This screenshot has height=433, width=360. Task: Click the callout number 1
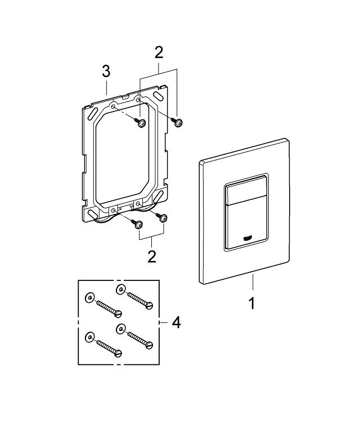point(252,303)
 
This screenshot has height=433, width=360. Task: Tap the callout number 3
point(106,72)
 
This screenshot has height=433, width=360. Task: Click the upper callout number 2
point(159,53)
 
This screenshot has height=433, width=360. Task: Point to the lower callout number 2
point(151,257)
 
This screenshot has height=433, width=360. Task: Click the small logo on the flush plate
point(246,238)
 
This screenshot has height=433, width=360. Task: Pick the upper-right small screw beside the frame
point(178,123)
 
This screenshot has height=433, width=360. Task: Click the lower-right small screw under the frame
point(164,217)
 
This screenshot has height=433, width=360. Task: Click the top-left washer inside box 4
point(89,298)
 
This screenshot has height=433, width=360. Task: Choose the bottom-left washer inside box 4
point(89,337)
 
